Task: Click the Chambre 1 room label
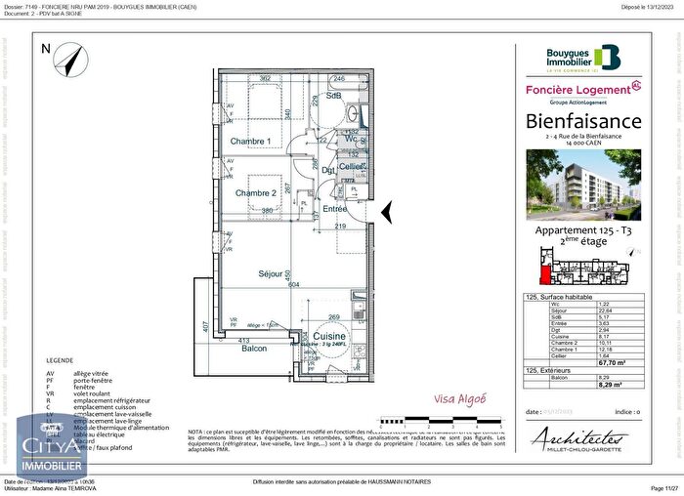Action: [250, 142]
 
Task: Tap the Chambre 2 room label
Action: [254, 192]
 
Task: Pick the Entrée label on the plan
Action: [335, 209]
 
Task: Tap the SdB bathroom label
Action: [333, 95]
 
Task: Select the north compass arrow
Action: [67, 62]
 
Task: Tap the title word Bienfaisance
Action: [583, 121]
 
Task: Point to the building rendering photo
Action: [583, 185]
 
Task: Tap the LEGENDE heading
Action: [59, 359]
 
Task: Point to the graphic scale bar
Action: [451, 421]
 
